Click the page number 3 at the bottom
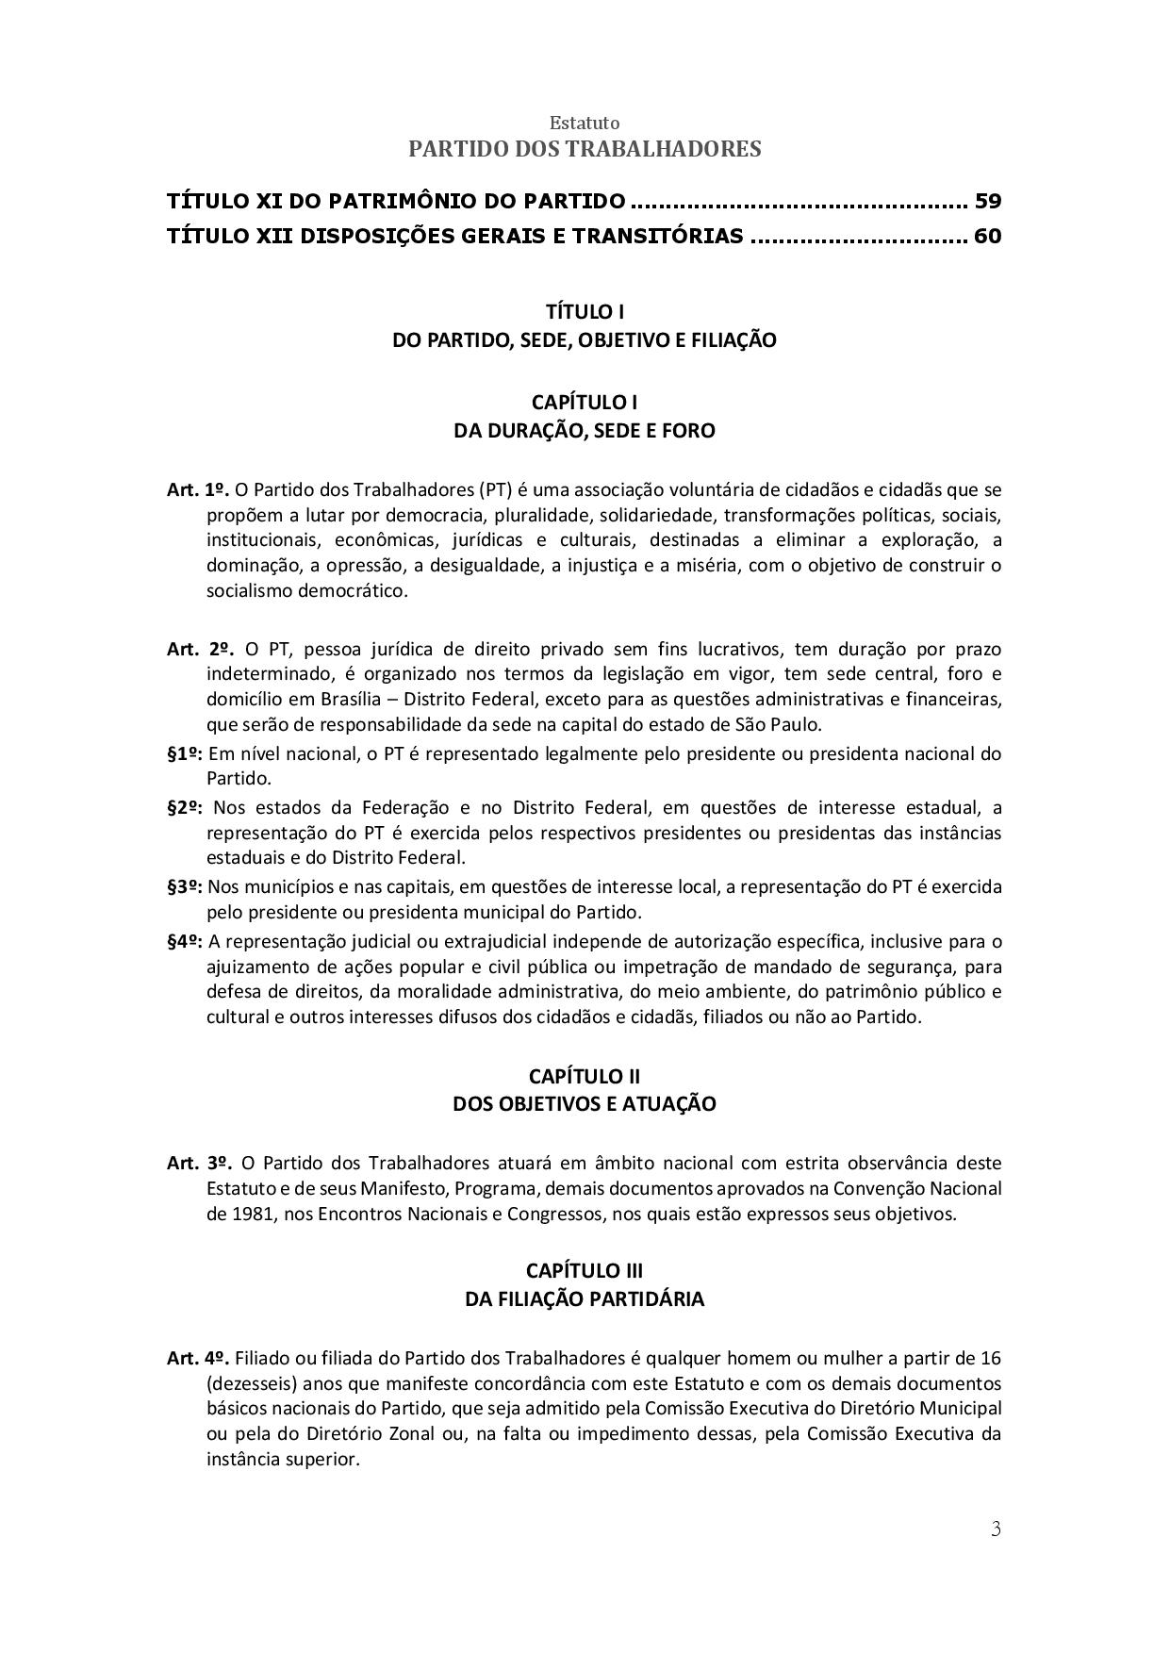click(996, 1529)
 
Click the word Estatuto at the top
click(585, 124)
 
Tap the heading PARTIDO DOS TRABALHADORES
click(585, 149)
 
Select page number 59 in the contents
click(988, 201)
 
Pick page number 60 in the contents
click(988, 236)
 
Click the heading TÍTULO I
click(585, 311)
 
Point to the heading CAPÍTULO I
click(585, 403)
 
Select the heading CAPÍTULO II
click(585, 1076)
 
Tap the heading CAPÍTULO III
click(585, 1271)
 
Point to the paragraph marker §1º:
click(185, 754)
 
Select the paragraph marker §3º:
click(185, 887)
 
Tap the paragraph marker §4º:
click(185, 941)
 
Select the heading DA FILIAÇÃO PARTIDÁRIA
click(585, 1299)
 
